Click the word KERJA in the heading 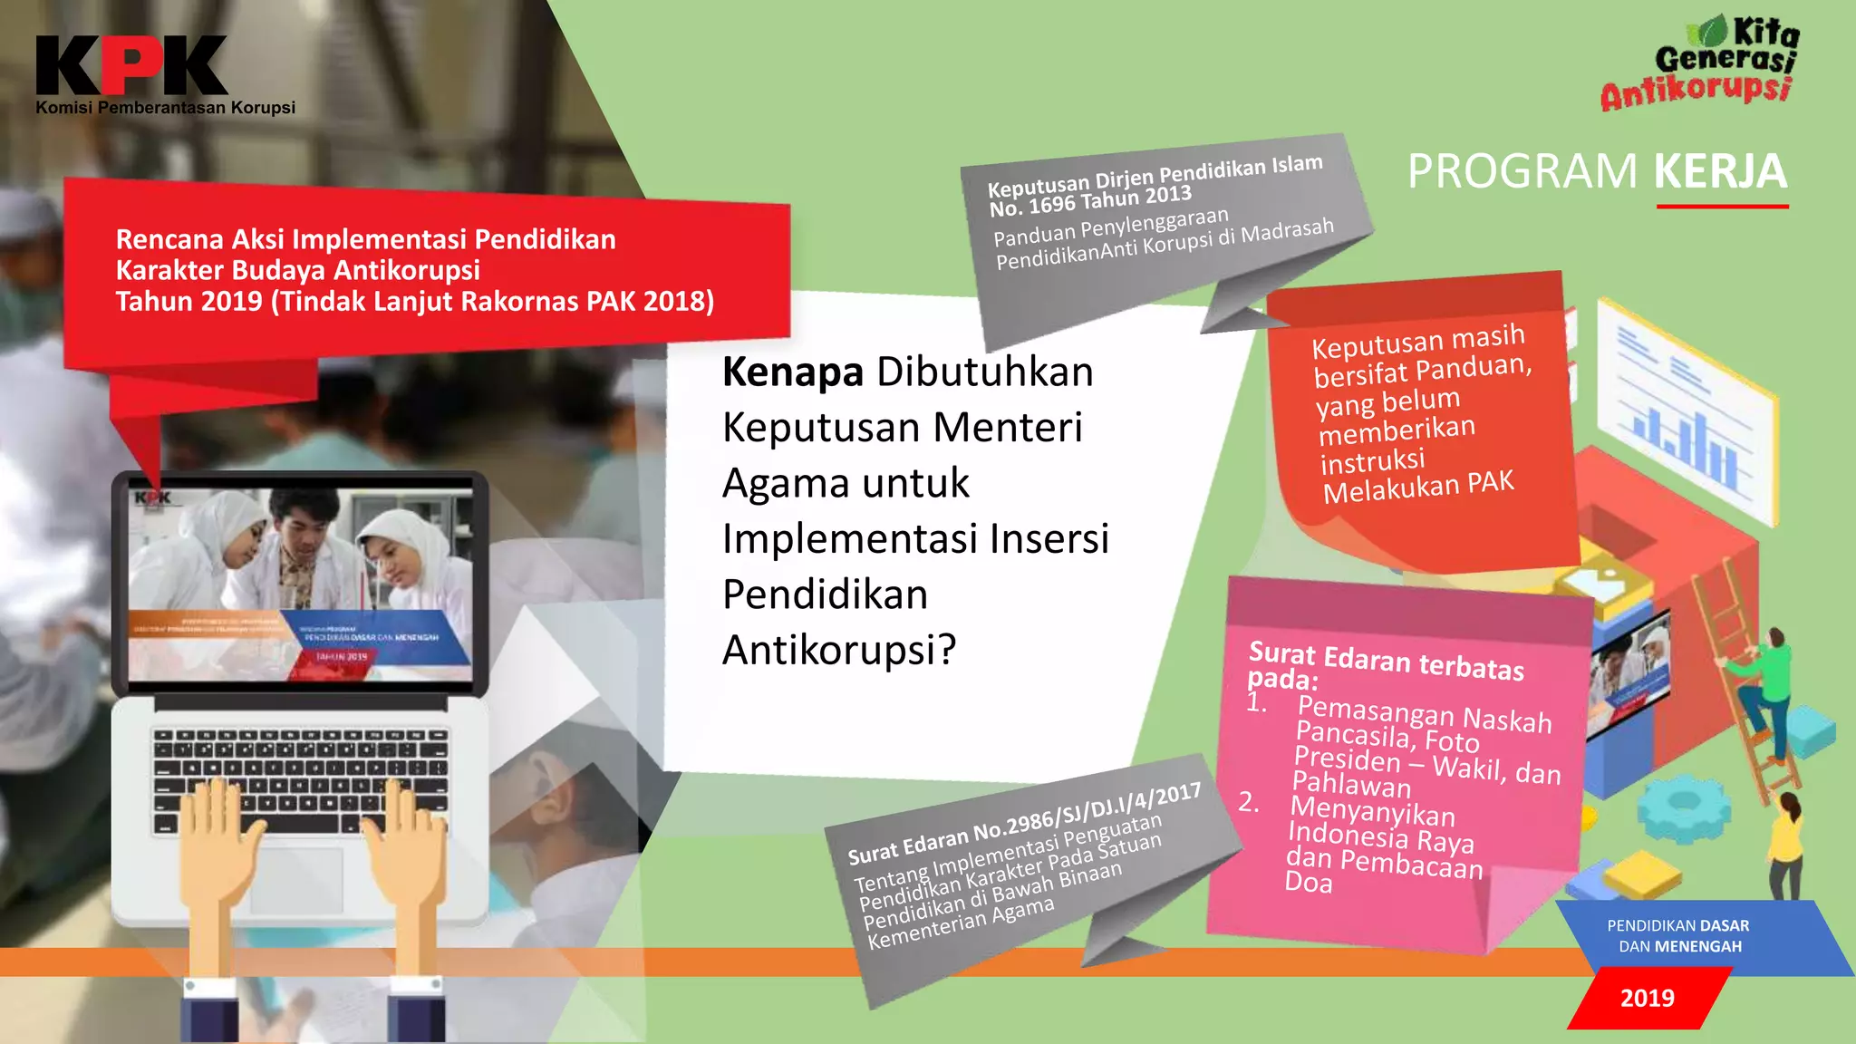pyautogui.click(x=1720, y=171)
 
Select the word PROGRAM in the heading pyautogui.click(x=1522, y=171)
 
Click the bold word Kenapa pyautogui.click(x=792, y=372)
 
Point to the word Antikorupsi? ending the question pyautogui.click(x=839, y=650)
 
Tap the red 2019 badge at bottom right pyautogui.click(x=1647, y=998)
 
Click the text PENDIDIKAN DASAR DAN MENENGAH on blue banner pyautogui.click(x=1679, y=936)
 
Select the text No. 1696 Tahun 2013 pyautogui.click(x=1090, y=200)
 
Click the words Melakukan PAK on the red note pyautogui.click(x=1418, y=488)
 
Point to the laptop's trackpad pyautogui.click(x=297, y=880)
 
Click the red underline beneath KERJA pyautogui.click(x=1722, y=207)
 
